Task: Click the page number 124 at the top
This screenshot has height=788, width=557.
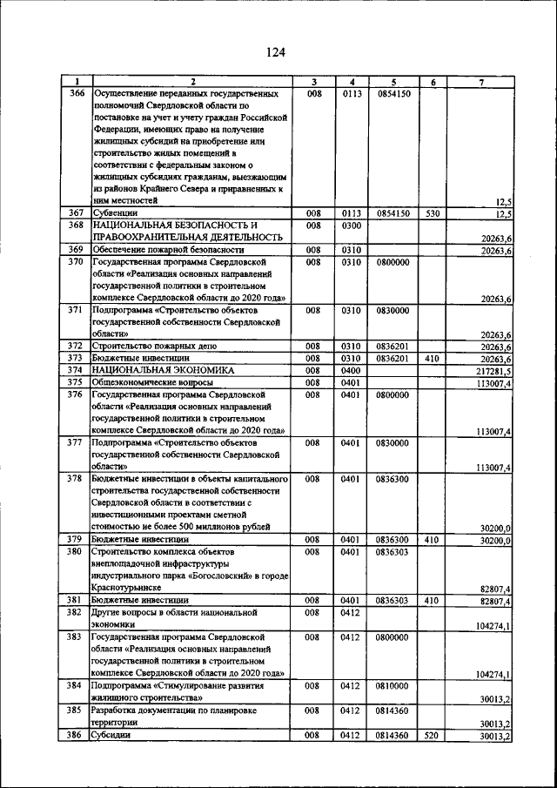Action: click(276, 52)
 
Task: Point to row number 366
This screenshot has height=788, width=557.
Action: click(77, 92)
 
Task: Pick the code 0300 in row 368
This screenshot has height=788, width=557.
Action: click(351, 225)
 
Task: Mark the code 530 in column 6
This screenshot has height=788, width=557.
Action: click(433, 212)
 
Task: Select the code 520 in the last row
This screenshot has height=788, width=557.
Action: click(433, 736)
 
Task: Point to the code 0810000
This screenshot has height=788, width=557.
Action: click(393, 686)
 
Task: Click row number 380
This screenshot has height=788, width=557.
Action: click(77, 551)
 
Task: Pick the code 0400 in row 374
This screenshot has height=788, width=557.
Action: click(351, 370)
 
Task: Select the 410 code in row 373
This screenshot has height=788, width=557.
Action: click(433, 358)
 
